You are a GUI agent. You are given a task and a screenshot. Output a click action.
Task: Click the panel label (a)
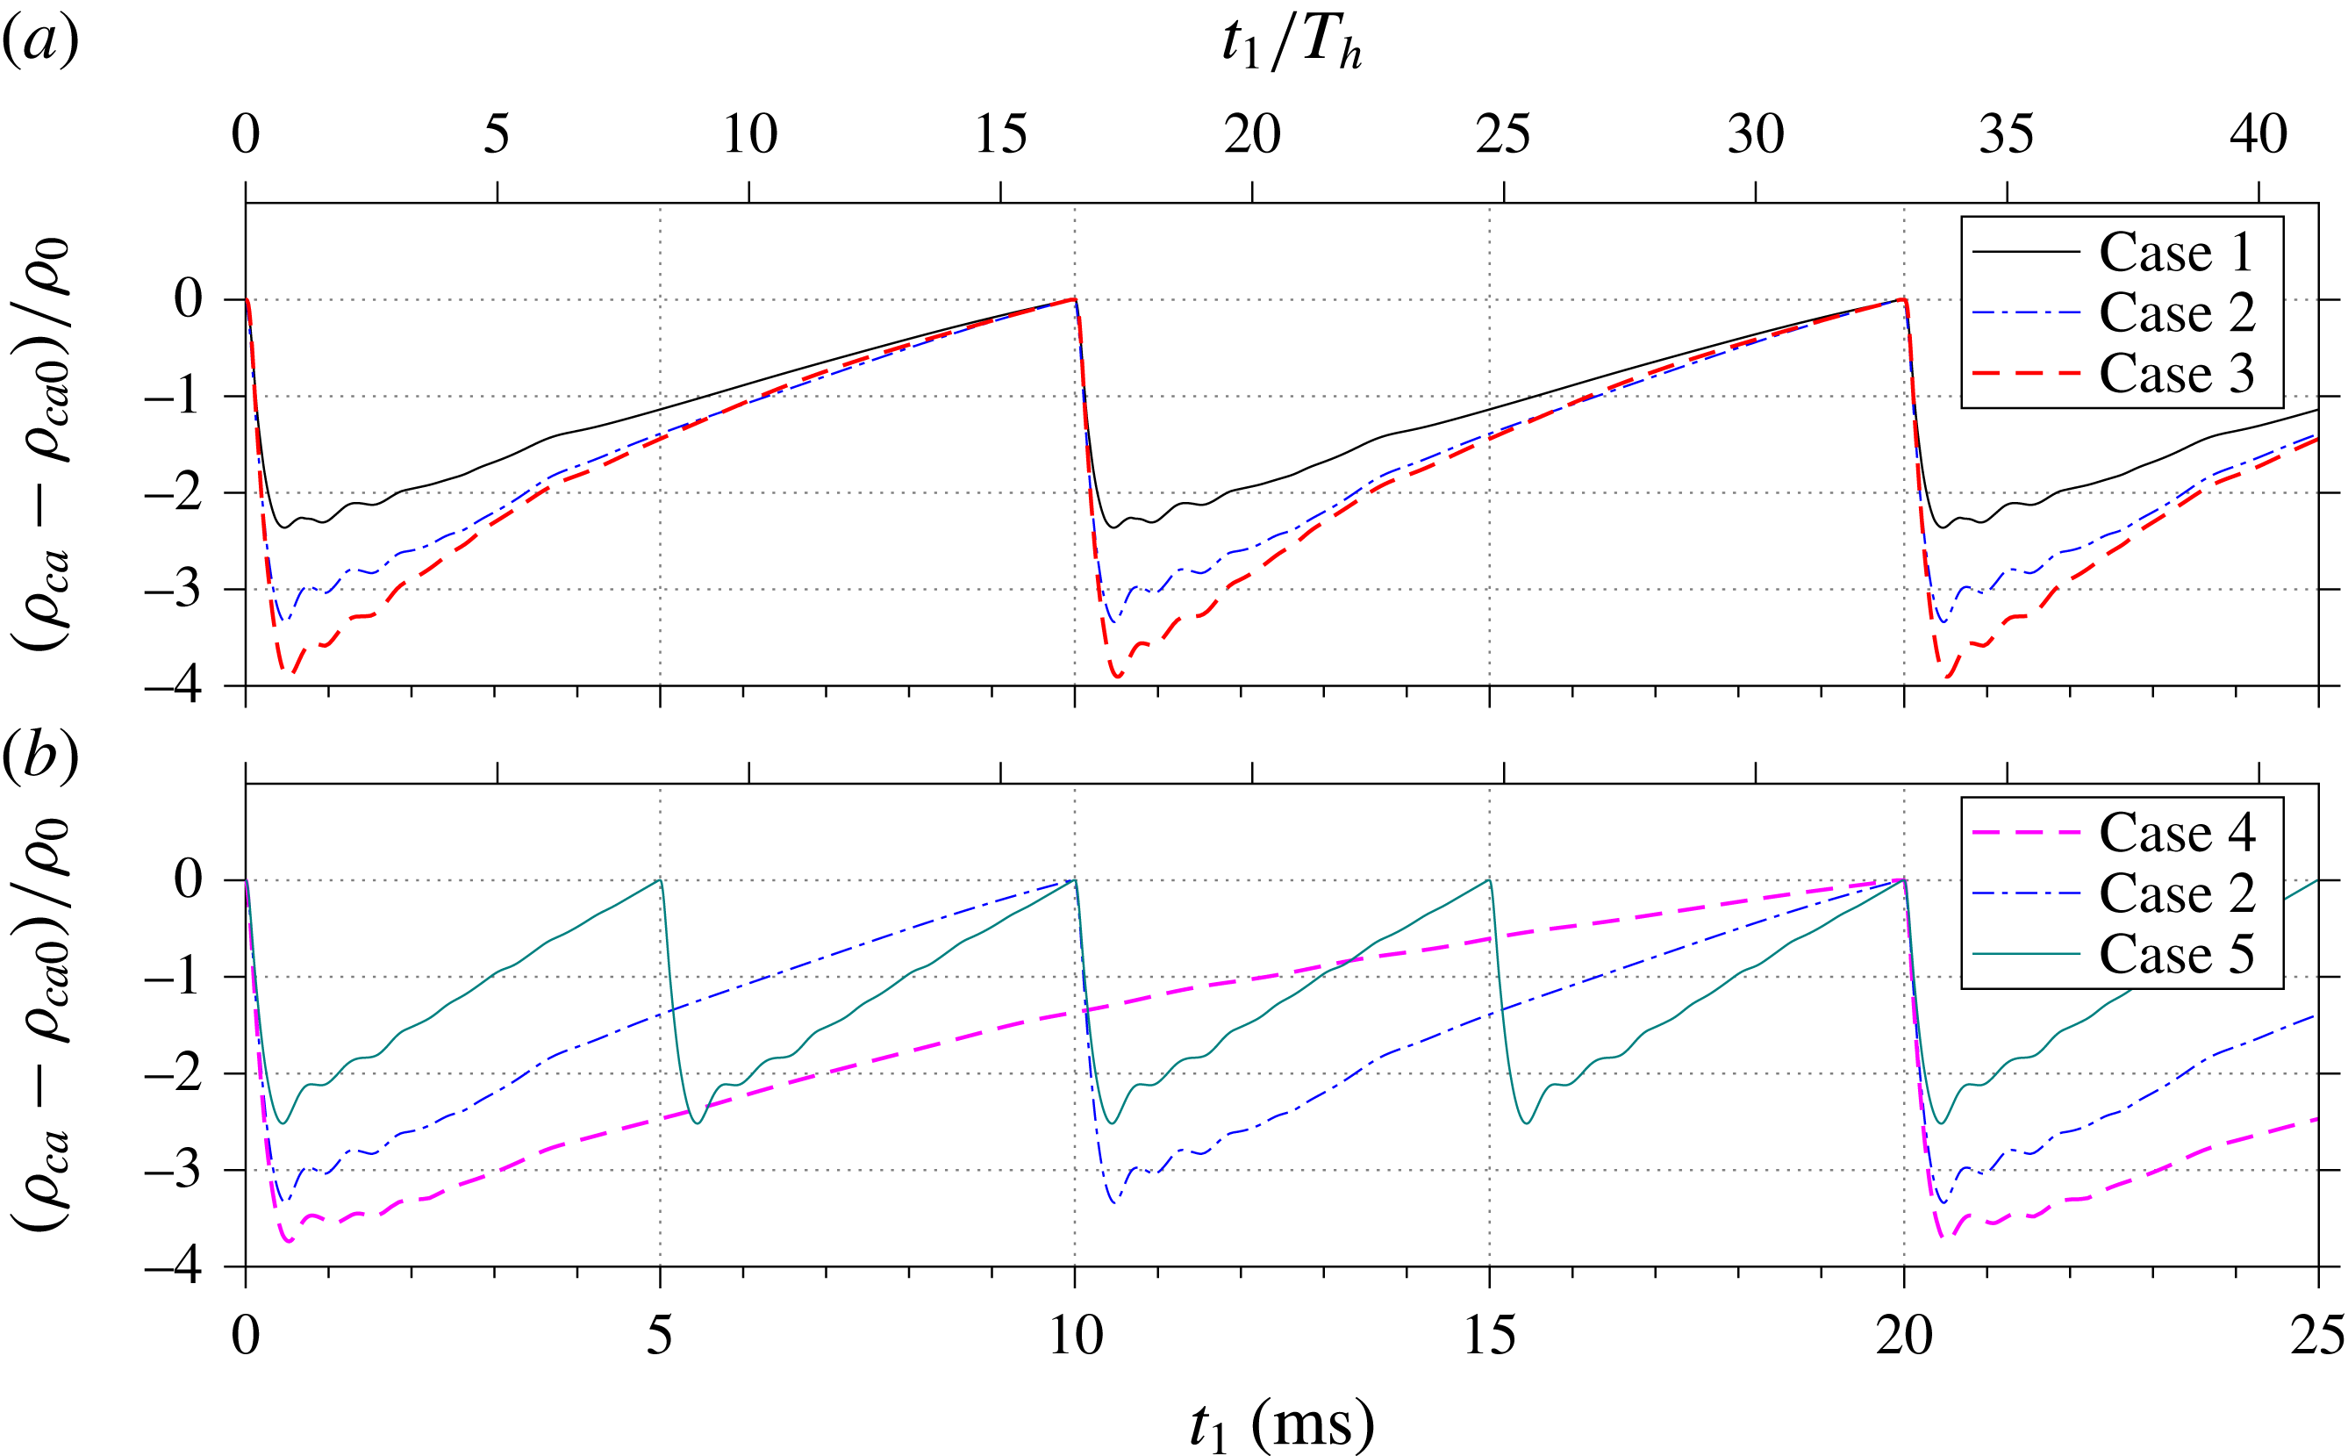[x=39, y=42]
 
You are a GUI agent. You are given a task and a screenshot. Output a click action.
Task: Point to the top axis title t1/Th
[x=1290, y=44]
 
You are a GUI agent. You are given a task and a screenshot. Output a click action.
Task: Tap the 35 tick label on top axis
[x=2007, y=135]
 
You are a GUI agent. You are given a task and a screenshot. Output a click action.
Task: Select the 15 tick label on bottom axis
[x=1489, y=1337]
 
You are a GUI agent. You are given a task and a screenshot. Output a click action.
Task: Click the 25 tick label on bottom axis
[x=2317, y=1337]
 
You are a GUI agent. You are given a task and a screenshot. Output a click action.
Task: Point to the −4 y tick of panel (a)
[x=173, y=686]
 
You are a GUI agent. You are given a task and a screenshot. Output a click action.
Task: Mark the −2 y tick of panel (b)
[x=173, y=1073]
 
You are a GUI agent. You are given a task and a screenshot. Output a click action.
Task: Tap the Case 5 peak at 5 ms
[x=660, y=880]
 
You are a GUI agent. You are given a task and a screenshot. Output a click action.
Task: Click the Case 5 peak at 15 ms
[x=1489, y=880]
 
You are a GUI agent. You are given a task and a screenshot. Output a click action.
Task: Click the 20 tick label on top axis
[x=1251, y=135]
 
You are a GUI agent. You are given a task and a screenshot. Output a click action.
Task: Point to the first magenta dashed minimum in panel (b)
[x=289, y=1241]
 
